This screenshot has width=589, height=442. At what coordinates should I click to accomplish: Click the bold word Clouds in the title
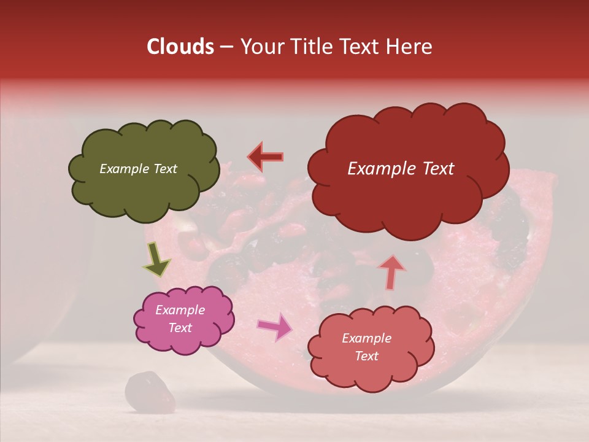point(180,47)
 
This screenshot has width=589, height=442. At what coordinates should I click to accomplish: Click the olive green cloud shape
point(144,190)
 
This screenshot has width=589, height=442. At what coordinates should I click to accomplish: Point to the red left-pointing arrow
point(266,157)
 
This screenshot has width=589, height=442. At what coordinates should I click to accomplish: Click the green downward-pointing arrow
point(156,259)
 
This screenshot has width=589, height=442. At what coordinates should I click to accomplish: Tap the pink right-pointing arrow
point(274,327)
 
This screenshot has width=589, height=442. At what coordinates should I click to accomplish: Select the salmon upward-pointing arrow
point(391,271)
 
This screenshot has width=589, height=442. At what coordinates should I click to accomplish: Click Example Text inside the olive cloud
point(138,169)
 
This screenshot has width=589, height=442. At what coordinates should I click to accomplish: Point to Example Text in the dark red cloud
point(401,169)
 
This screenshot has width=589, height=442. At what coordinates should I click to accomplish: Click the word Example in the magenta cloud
point(180,310)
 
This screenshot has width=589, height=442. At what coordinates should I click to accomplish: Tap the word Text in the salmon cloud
point(367,356)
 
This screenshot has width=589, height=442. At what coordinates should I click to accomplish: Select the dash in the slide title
point(226,47)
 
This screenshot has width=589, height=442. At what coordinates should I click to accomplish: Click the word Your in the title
point(260,47)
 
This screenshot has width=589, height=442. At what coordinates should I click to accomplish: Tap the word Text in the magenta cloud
point(180,328)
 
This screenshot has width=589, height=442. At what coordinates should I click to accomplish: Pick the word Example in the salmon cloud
point(367,338)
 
